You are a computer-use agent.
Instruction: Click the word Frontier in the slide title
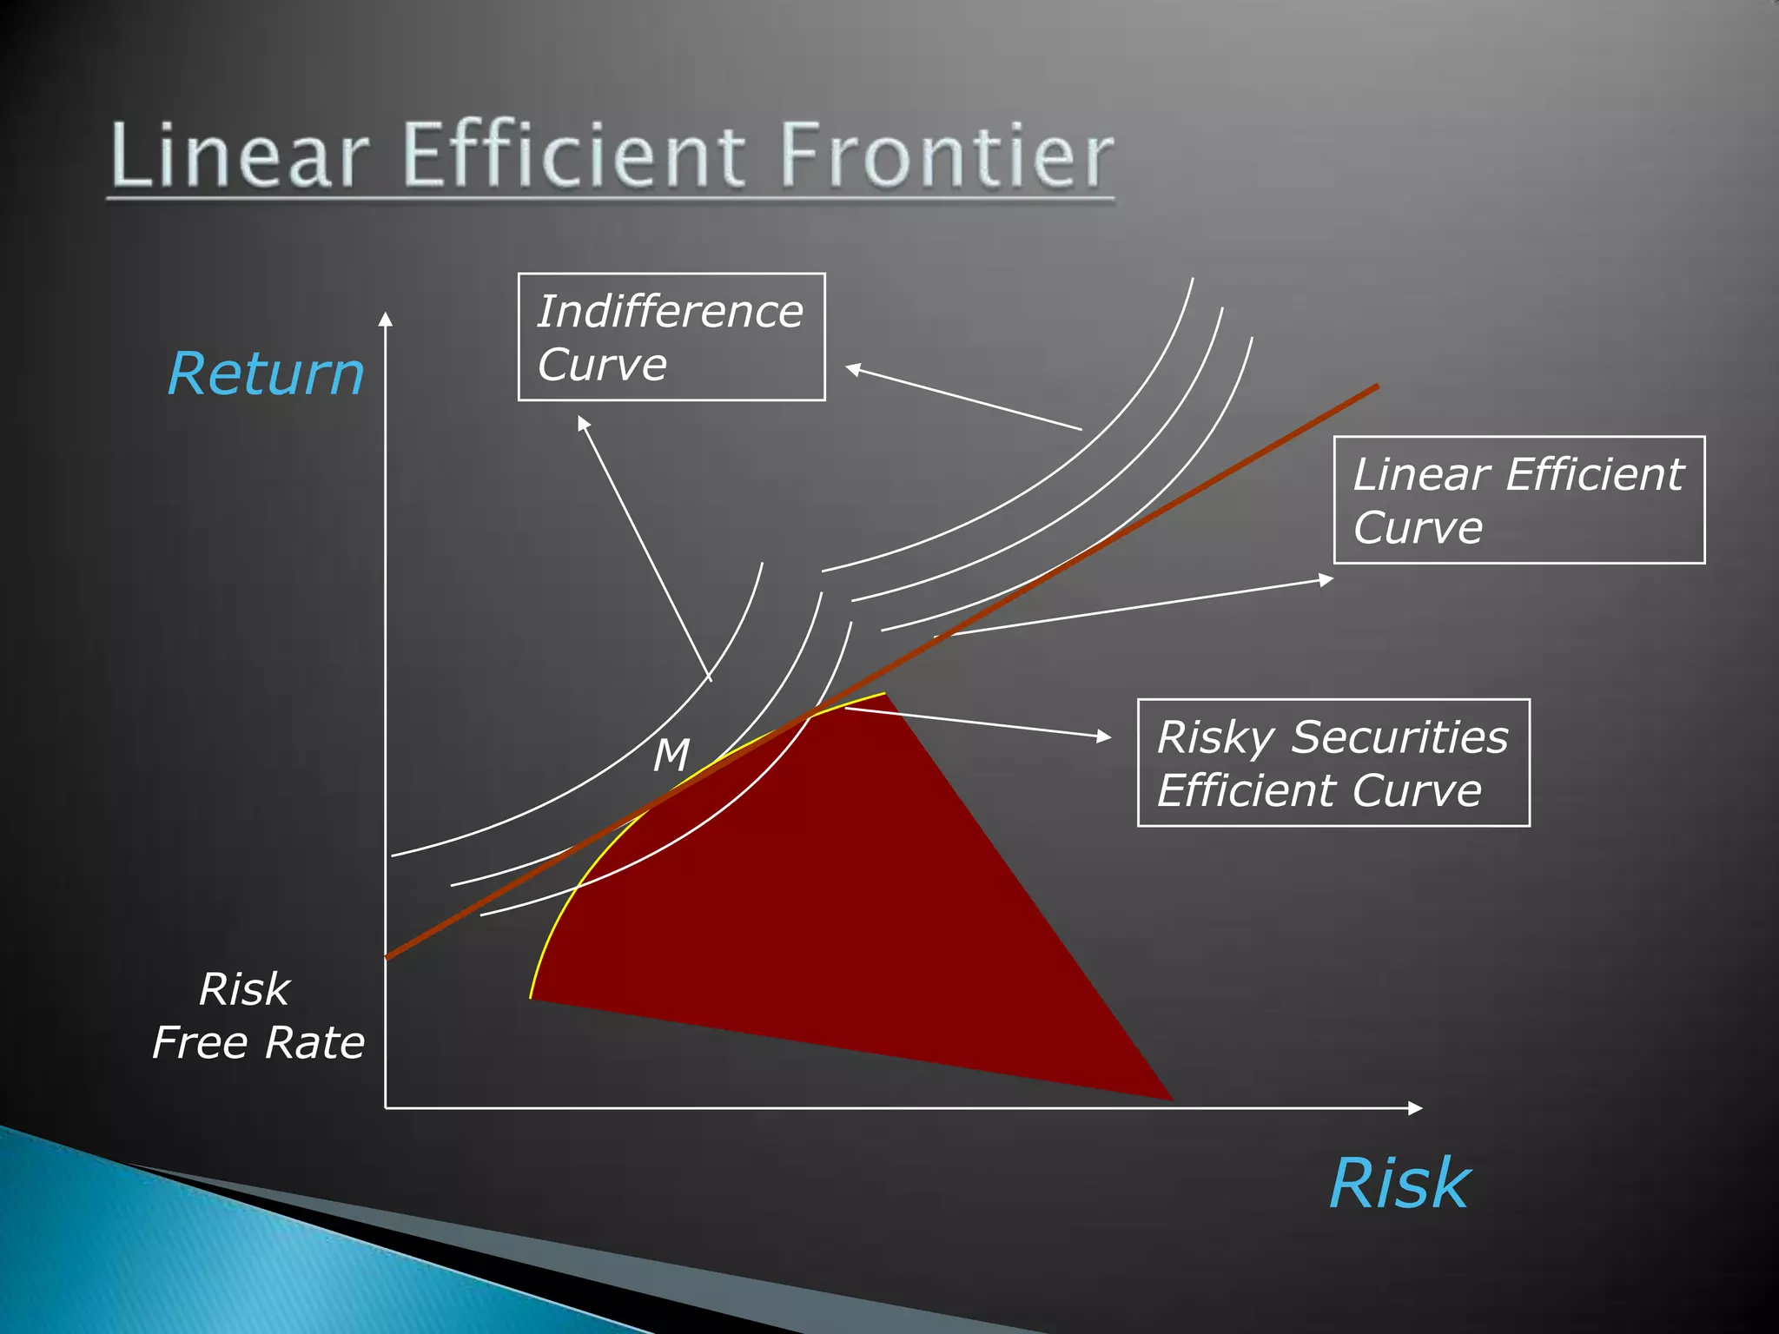click(x=947, y=156)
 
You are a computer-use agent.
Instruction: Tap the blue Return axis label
click(x=266, y=374)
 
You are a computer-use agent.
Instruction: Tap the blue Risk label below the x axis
click(x=1399, y=1185)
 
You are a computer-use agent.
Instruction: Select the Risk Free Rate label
click(x=257, y=1015)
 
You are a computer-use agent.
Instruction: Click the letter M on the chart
click(x=671, y=755)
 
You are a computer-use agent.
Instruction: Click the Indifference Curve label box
click(x=671, y=337)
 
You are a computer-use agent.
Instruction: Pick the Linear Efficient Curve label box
click(x=1518, y=500)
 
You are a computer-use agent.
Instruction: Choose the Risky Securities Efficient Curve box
click(x=1333, y=763)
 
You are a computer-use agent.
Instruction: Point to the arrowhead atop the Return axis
click(x=386, y=319)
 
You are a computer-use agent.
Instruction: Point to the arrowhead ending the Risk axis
click(x=1415, y=1108)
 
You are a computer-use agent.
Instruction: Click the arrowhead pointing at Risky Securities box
click(x=1104, y=736)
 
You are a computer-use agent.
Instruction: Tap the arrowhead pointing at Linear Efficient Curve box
click(x=1326, y=578)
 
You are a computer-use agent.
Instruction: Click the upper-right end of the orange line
click(x=1377, y=386)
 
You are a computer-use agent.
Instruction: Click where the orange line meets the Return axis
click(x=387, y=957)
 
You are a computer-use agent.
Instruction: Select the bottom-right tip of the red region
click(x=1170, y=1099)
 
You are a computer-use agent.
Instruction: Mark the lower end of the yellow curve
click(x=531, y=996)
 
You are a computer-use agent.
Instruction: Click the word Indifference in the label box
click(x=670, y=312)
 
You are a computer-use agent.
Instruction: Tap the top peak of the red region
click(x=883, y=694)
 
